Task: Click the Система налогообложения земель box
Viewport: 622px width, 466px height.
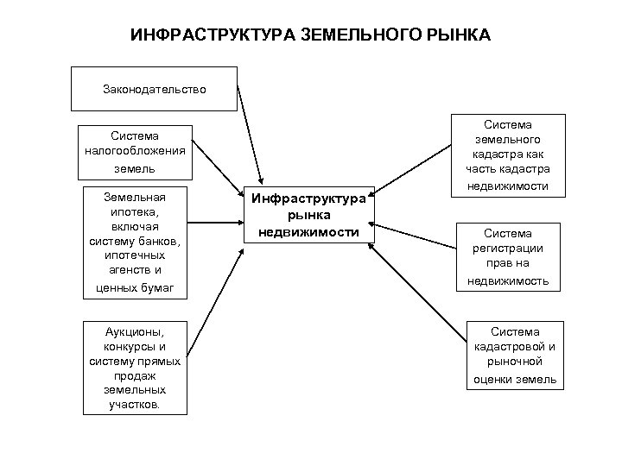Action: pos(134,152)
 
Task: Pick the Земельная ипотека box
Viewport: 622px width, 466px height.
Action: pos(134,242)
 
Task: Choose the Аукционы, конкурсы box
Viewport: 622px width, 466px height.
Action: pos(134,368)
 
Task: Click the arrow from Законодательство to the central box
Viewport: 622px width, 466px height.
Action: pos(247,134)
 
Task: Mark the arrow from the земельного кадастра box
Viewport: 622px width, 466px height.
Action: pos(415,170)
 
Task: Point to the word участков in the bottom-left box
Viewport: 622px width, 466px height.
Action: pos(134,404)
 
